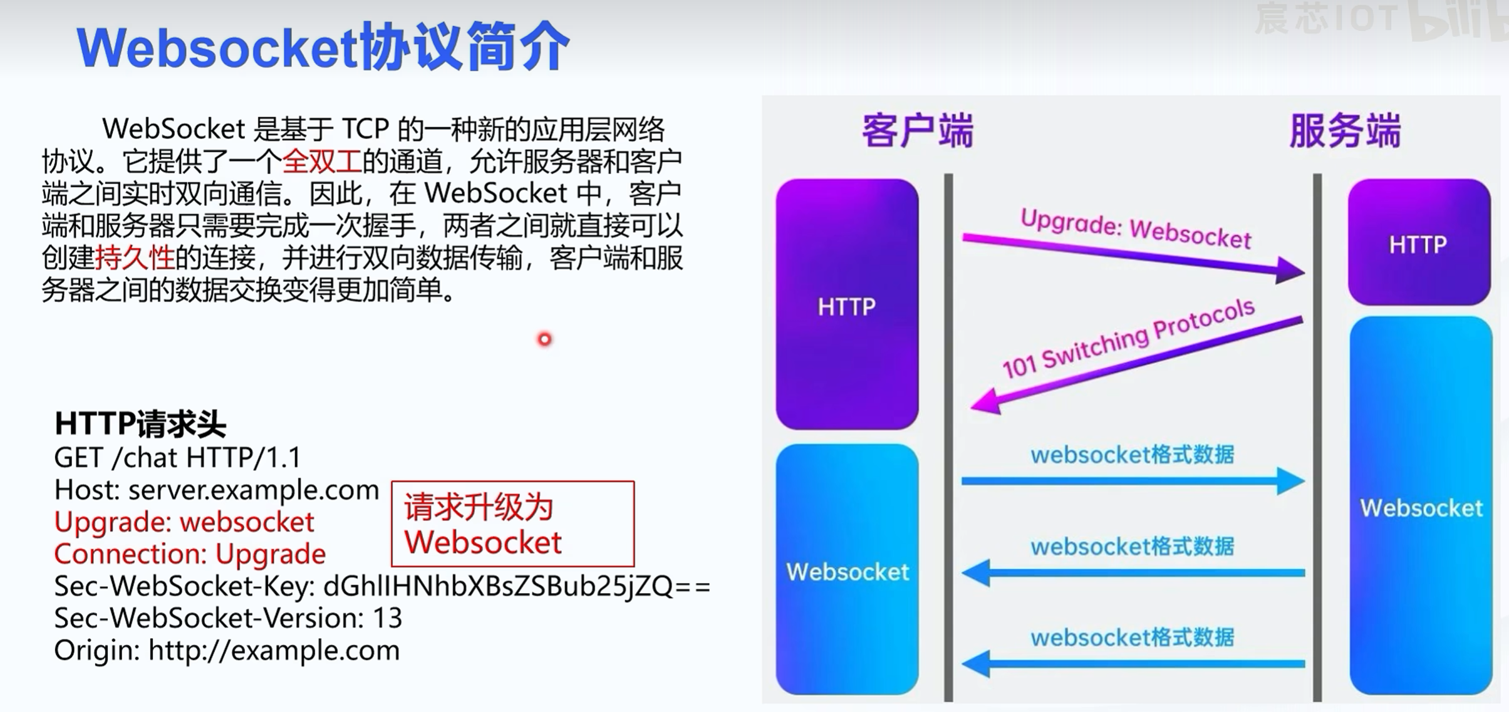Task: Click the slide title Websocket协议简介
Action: [x=323, y=48]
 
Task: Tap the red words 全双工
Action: [x=322, y=162]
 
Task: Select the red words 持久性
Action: [x=135, y=257]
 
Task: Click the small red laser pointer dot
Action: [x=544, y=339]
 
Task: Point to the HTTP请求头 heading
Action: [x=140, y=424]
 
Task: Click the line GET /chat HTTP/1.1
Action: [x=177, y=458]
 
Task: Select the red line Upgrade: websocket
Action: [x=184, y=522]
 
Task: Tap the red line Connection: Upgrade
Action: [x=190, y=554]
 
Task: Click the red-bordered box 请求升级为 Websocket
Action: [x=512, y=524]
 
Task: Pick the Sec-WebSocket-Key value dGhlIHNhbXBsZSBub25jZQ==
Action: [x=516, y=587]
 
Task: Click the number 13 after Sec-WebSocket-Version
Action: [x=387, y=619]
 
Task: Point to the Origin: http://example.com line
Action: [x=227, y=651]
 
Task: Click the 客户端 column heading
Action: [x=917, y=131]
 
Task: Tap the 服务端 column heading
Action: [x=1344, y=131]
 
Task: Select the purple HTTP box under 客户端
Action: [x=847, y=305]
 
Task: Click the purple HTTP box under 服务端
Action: [x=1419, y=243]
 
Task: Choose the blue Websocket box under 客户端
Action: [x=847, y=570]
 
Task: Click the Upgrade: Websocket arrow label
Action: [x=1135, y=229]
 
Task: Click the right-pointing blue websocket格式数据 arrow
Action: [x=1133, y=481]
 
